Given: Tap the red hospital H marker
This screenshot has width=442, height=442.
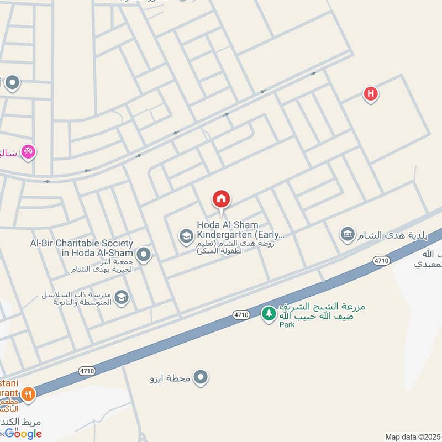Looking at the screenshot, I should coord(371,94).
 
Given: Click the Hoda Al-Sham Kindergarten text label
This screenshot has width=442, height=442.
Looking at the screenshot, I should coord(241,230).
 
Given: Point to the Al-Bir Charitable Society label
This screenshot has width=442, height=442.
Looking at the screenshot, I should coord(82,248).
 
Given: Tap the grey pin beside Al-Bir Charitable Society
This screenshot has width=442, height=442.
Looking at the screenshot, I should coord(144,255).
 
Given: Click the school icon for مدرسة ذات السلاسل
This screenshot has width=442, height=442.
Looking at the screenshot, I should coord(122,298).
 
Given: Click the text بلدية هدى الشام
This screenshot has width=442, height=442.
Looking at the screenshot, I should coord(393,236).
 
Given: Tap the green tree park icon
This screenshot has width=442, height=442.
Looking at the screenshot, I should coord(269,314).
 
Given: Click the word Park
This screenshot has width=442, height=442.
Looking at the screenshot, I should coord(287,325).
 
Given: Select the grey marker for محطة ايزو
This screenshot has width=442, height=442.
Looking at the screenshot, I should coord(201,378).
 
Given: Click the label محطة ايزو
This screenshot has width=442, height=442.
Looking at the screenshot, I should coord(170,378).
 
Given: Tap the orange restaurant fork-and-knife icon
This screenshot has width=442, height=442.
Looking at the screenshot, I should coord(28,394).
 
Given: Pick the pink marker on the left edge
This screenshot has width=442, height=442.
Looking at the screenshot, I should coord(28,151).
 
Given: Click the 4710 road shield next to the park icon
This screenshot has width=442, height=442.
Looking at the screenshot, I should coord(241,314).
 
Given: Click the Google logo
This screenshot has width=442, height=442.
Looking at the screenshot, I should coord(23,434).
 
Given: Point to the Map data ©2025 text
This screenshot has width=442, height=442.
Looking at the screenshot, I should coord(412,436).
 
